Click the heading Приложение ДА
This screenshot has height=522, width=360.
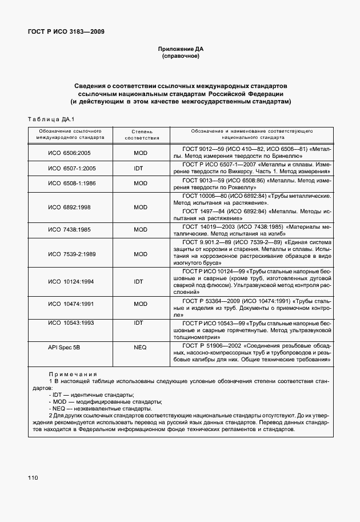click(180, 49)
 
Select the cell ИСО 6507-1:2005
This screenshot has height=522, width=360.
click(71, 168)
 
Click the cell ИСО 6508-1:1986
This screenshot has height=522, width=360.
click(71, 184)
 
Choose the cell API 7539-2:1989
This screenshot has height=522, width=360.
click(71, 254)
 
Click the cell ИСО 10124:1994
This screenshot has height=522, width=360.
click(71, 281)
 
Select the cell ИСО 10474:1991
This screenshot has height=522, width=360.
click(71, 305)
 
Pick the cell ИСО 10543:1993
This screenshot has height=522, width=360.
click(71, 323)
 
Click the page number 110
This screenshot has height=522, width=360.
click(32, 477)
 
